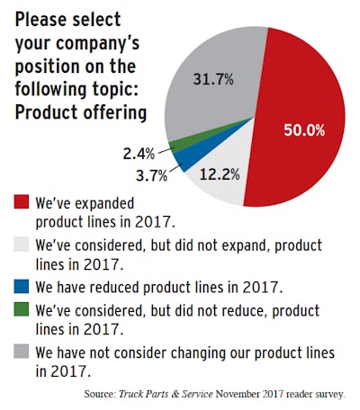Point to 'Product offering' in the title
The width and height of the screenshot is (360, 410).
coord(77,113)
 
